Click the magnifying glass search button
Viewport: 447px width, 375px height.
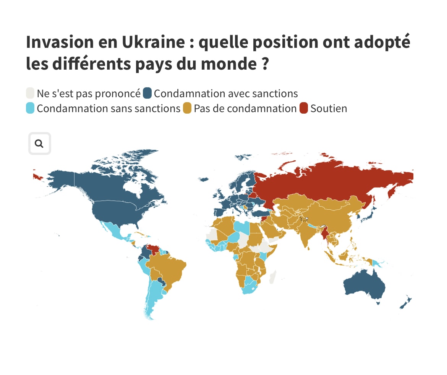point(39,143)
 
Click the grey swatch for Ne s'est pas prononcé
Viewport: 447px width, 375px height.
point(30,93)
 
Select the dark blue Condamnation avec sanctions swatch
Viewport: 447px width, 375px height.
point(147,93)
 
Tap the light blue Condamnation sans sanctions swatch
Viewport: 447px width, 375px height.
point(30,108)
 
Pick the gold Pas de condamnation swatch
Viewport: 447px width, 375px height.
point(187,108)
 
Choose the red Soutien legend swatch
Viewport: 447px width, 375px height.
point(304,108)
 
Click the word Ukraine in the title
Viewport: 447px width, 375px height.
point(153,42)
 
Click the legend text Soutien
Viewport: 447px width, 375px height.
point(329,108)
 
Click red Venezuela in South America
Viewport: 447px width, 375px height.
point(154,249)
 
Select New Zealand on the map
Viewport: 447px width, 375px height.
point(404,304)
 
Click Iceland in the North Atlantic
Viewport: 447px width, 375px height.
point(204,179)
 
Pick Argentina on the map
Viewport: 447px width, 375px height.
point(153,298)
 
